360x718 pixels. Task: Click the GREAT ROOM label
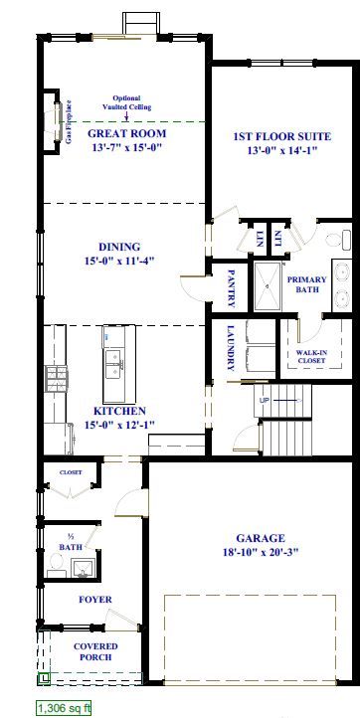[126, 133]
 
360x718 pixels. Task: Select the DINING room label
[119, 247]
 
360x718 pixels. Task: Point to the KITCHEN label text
[120, 411]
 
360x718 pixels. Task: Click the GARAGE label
[254, 537]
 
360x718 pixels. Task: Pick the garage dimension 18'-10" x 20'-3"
[254, 552]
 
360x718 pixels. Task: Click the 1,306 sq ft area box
[65, 708]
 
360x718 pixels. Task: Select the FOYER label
[95, 600]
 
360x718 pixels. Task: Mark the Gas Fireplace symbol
[56, 121]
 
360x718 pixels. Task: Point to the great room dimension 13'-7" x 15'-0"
[126, 147]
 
